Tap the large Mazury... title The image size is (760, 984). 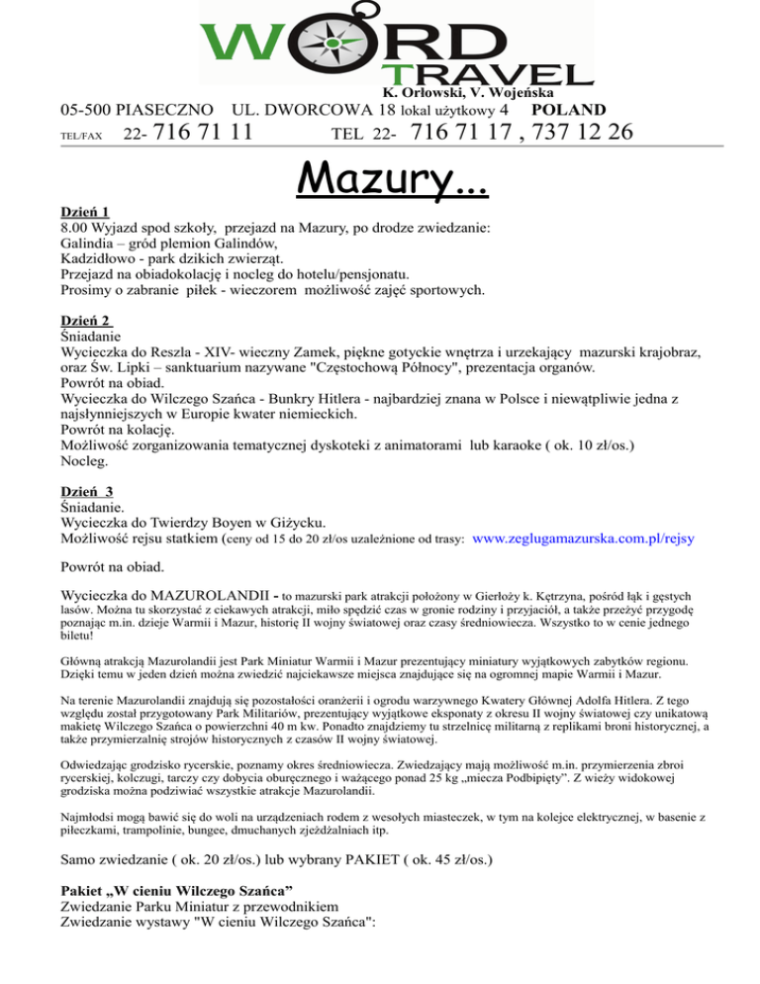click(380, 177)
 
